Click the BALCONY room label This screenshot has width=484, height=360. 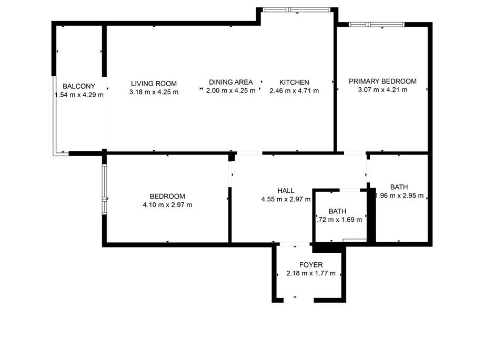tap(79, 86)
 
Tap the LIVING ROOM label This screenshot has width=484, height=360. tap(154, 84)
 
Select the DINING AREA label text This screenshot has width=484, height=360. tap(231, 83)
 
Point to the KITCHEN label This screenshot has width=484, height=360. tap(294, 83)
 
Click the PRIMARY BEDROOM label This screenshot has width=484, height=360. tap(382, 81)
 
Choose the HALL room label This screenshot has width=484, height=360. tap(286, 191)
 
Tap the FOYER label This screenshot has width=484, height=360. tap(311, 265)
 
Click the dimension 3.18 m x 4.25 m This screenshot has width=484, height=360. tap(154, 92)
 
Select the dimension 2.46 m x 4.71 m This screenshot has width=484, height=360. tap(294, 91)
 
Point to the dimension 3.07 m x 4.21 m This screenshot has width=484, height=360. tap(382, 90)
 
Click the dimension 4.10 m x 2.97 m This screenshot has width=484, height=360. tap(167, 205)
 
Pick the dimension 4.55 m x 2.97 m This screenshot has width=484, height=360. tap(286, 199)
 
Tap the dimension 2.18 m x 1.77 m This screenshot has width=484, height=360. tap(311, 273)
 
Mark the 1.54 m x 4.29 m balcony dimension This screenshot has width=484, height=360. tap(79, 95)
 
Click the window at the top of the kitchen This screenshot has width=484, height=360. tap(296, 10)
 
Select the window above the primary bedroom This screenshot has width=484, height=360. tap(377, 24)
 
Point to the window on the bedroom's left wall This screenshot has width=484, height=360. tap(104, 189)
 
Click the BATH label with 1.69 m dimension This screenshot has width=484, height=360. tap(337, 212)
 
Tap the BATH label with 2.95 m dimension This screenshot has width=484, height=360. tap(399, 187)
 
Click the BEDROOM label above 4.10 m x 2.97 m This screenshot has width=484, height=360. tap(167, 197)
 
